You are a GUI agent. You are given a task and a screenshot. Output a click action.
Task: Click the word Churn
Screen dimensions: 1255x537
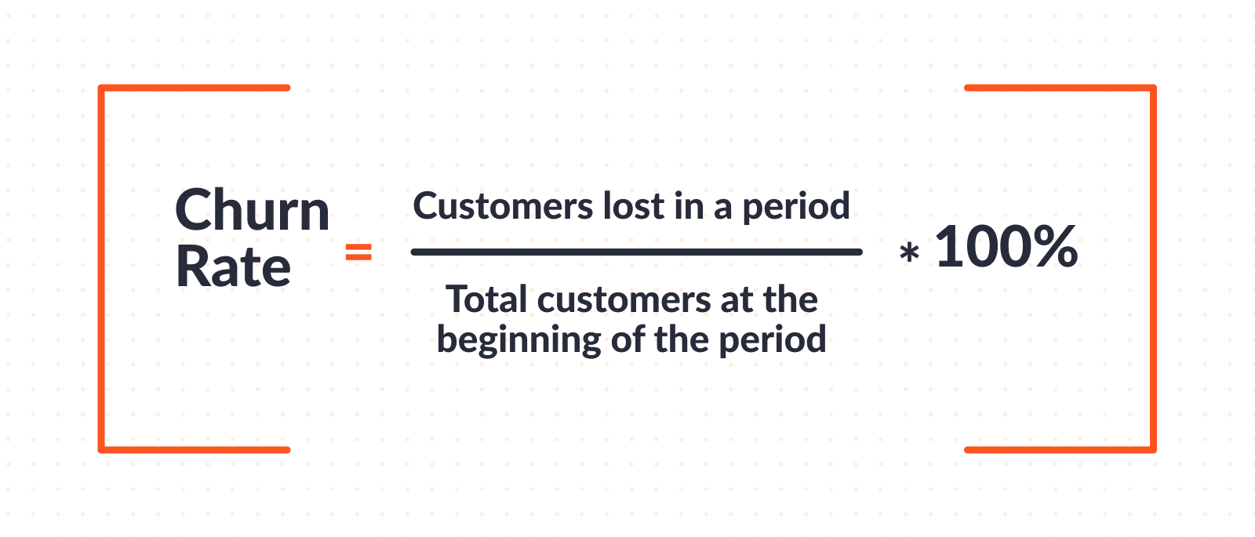(x=252, y=209)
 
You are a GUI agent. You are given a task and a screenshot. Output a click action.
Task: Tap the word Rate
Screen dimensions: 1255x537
(x=233, y=267)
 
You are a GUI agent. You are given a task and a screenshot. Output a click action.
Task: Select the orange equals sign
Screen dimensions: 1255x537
(x=358, y=252)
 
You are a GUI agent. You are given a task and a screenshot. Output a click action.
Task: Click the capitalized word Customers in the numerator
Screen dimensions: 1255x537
(x=503, y=206)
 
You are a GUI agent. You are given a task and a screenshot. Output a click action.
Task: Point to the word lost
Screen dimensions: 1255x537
(x=634, y=206)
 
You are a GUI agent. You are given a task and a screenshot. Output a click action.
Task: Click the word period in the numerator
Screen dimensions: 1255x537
(x=796, y=207)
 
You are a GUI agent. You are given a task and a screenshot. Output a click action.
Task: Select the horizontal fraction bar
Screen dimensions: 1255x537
(x=636, y=252)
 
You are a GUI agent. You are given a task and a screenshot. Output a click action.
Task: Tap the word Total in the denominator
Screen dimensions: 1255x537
(x=486, y=299)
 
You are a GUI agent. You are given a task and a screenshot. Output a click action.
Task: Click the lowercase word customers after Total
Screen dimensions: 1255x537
(x=624, y=301)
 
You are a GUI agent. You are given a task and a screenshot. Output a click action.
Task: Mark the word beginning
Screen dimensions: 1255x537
(x=518, y=341)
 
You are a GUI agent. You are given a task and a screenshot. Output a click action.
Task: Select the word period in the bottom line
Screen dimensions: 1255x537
(x=773, y=341)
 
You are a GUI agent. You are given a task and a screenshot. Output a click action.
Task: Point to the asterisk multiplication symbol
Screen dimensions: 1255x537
(x=909, y=252)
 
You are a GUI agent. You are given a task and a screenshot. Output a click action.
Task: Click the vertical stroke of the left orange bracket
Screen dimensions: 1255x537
(x=101, y=269)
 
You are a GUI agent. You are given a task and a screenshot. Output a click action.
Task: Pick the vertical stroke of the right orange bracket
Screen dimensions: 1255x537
(x=1153, y=269)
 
